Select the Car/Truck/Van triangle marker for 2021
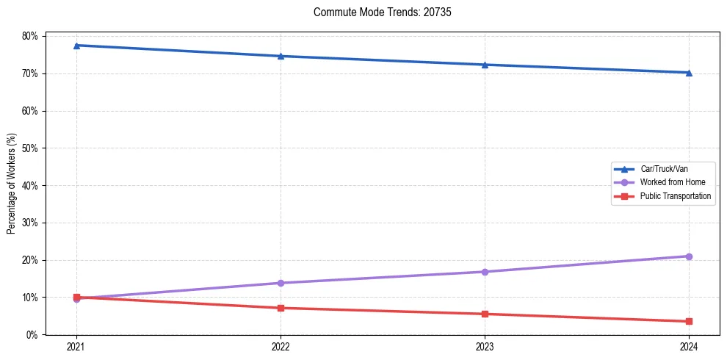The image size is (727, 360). point(76,46)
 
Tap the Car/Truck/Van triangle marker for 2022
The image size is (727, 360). point(281,56)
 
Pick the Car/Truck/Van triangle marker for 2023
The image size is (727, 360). point(485,65)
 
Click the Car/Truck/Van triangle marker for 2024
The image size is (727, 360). point(689,73)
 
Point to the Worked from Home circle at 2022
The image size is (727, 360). point(281,283)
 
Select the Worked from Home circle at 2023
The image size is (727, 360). point(485,272)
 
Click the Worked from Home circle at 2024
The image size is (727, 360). point(689,256)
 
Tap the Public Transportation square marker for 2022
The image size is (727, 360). point(281,308)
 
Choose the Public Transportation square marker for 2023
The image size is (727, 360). point(485,314)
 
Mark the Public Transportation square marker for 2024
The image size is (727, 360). point(689,321)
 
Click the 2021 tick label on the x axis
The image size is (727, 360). point(76,346)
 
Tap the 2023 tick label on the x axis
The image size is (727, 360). point(485,346)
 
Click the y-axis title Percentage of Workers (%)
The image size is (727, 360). point(12,184)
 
